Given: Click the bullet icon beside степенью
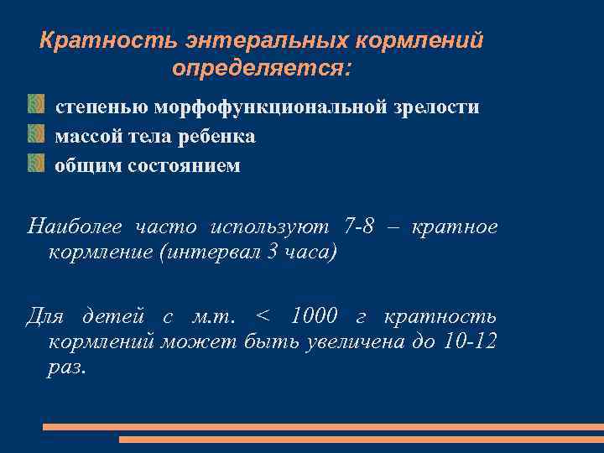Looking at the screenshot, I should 35,107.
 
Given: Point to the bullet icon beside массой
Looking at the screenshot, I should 35,135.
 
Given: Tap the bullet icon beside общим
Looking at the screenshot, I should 35,164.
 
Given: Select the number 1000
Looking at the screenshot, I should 314,317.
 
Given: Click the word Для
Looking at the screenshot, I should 45,317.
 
